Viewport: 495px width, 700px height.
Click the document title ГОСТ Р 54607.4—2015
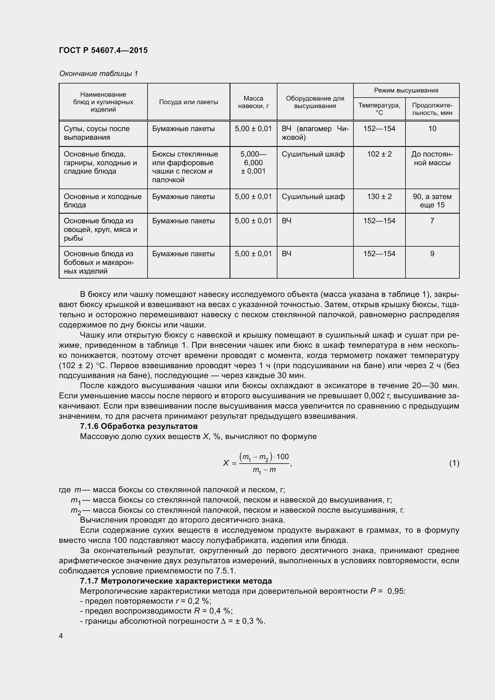103,50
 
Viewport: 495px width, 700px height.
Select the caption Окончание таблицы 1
98,74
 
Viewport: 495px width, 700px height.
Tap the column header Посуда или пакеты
188,102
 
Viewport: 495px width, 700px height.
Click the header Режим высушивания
406,90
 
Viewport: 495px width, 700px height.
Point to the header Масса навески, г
253,102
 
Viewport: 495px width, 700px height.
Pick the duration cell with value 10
432,129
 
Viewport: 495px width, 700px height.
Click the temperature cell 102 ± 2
379,154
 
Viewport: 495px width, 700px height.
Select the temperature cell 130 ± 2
379,197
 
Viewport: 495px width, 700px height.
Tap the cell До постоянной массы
432,158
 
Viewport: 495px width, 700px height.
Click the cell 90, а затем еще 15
432,201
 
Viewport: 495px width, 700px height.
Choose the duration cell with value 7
432,221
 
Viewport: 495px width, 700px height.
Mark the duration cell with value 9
432,254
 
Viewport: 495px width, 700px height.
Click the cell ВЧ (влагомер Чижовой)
315,133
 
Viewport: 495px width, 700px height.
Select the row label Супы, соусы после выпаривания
97,133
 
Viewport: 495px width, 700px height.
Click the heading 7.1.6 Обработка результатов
139,426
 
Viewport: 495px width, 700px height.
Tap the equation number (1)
454,463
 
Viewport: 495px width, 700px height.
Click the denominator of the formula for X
264,470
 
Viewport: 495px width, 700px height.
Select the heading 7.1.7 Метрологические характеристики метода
176,581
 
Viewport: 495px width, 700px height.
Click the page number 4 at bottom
61,636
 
